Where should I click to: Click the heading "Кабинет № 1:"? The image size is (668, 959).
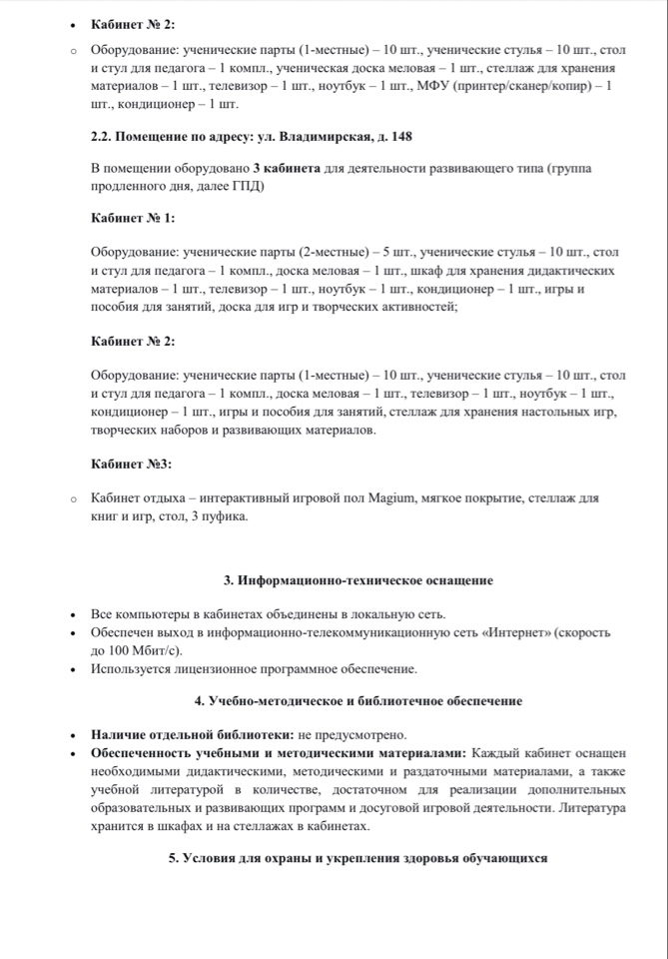[133, 218]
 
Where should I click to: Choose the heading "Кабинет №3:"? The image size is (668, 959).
[131, 465]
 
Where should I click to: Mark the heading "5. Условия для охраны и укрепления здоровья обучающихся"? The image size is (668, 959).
[357, 859]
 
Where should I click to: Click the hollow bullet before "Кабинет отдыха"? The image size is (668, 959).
[72, 498]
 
